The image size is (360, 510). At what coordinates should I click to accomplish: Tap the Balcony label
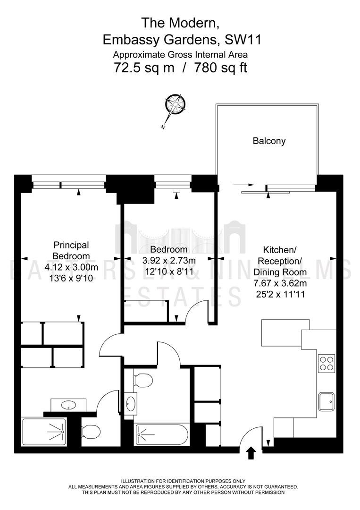269,141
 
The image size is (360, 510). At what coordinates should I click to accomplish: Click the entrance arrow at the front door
251,453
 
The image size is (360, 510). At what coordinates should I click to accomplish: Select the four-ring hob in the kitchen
326,363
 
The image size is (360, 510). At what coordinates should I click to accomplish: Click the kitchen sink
326,401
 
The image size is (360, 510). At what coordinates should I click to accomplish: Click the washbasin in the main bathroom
131,404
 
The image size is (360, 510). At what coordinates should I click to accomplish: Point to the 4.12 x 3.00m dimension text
71,267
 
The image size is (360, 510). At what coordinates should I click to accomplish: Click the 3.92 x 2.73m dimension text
169,260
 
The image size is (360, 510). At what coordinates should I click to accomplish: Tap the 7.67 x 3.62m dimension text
280,283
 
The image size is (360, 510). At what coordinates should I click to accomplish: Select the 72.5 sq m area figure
144,68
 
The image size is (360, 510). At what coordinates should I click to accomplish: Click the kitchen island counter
285,333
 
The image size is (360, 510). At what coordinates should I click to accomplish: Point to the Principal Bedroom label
71,250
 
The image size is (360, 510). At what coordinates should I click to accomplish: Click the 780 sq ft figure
221,68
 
